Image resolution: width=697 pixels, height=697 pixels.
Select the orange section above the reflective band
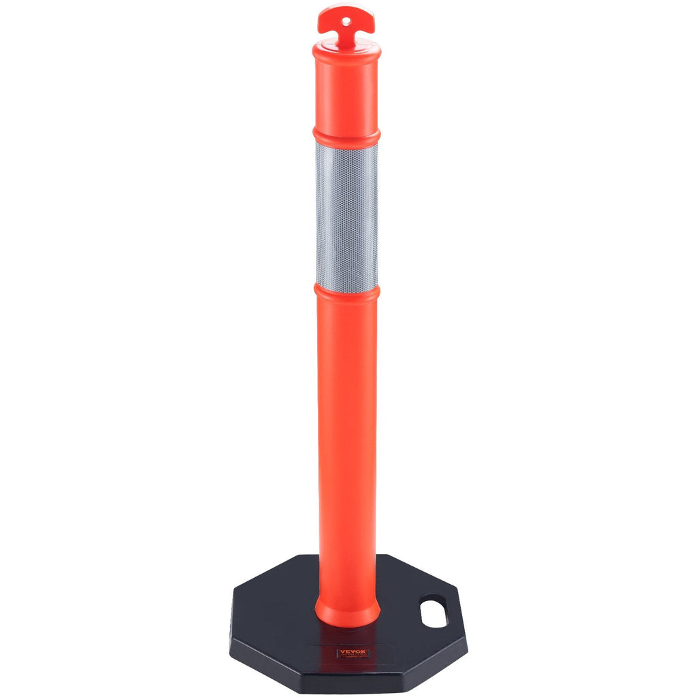coord(346,92)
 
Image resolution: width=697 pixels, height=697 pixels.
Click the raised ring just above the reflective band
coord(346,135)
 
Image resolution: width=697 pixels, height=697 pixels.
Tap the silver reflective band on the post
coord(346,214)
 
